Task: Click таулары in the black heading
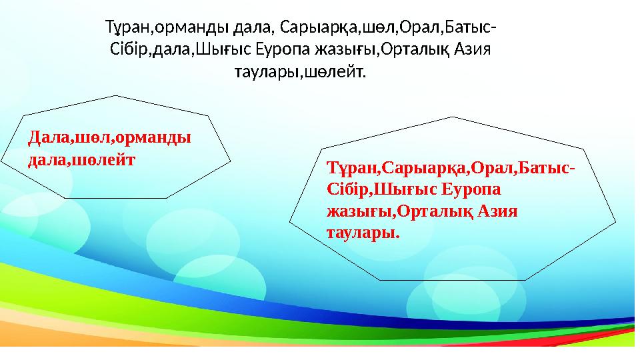[263, 71]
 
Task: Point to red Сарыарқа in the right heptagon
[427, 170]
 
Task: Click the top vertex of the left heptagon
[116, 95]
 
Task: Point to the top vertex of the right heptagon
[453, 117]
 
